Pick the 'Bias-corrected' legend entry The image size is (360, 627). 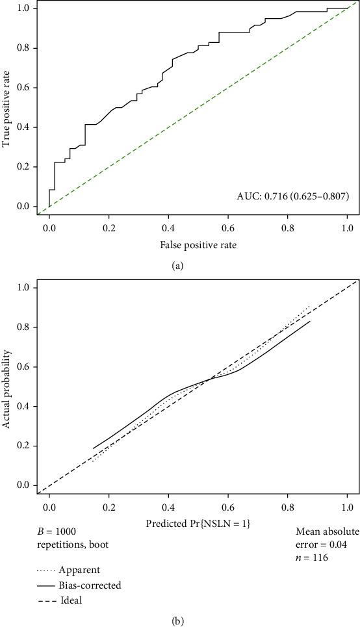[98, 585]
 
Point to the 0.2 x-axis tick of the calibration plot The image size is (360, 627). [109, 505]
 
